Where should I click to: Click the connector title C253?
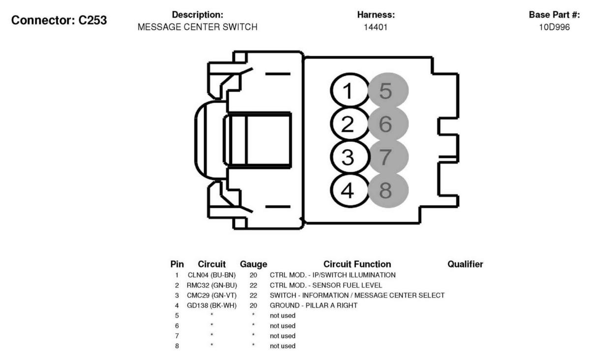59,20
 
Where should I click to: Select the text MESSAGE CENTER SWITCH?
197,27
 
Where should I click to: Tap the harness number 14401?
375,27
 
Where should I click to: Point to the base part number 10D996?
554,27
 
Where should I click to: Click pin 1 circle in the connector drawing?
349,91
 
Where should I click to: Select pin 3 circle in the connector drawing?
349,157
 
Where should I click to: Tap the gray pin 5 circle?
388,91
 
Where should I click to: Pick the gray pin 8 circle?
388,190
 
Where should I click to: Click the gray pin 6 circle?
388,124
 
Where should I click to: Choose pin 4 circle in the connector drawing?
349,190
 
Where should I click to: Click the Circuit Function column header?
357,264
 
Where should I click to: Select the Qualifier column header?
465,264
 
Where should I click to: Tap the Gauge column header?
253,264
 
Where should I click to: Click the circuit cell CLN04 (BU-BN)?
212,275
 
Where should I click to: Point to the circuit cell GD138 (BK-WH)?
212,306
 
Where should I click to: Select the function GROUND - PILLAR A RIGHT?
313,306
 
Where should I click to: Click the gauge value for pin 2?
253,286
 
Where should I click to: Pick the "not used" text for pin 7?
282,336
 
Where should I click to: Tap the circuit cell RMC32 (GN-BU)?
212,286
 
